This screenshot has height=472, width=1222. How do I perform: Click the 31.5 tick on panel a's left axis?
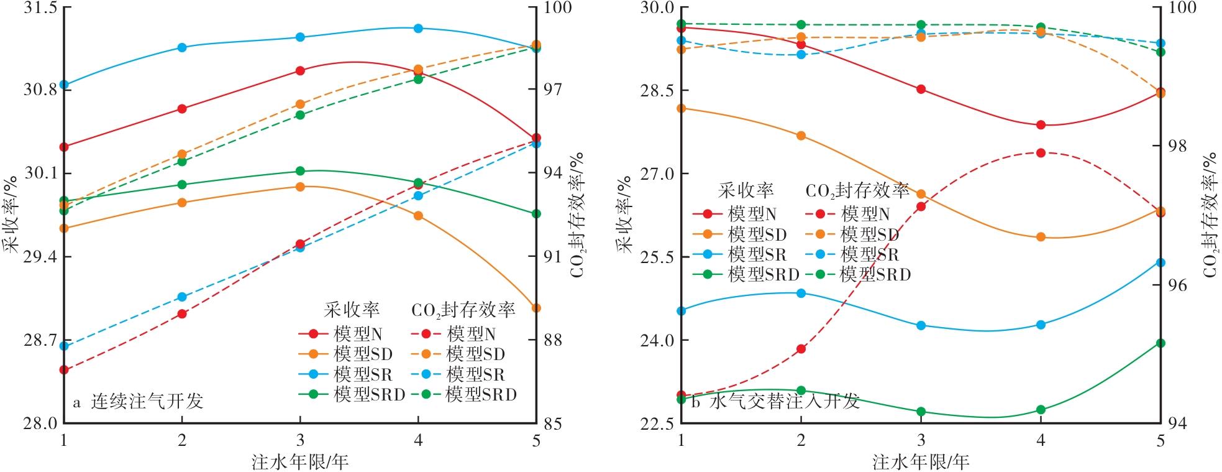tap(39, 7)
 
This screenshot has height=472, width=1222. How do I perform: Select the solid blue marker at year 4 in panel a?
tap(418, 28)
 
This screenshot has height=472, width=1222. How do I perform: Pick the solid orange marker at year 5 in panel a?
tap(536, 308)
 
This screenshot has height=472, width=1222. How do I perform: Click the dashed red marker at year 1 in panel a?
tap(63, 370)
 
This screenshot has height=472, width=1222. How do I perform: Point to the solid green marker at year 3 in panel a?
tap(300, 171)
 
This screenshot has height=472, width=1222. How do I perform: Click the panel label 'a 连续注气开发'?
tap(138, 402)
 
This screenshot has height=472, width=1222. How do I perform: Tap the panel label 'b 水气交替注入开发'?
tap(775, 402)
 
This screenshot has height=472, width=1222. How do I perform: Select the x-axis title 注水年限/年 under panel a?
tap(300, 461)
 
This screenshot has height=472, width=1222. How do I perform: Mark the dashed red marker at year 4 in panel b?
tap(1041, 152)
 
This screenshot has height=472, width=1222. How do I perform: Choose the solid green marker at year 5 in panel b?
tap(1160, 343)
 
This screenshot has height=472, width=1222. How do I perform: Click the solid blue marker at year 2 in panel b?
tap(801, 293)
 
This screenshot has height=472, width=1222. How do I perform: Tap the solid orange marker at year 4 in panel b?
tap(1041, 237)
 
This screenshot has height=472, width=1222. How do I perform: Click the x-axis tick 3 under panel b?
tap(921, 440)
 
